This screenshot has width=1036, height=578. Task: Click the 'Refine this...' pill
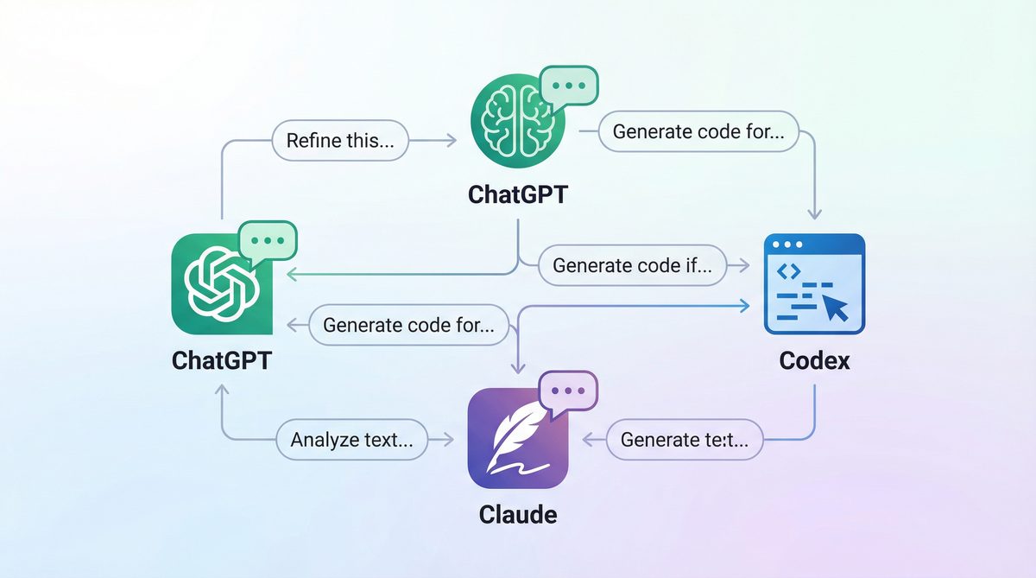click(340, 141)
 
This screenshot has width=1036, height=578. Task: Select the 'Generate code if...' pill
click(632, 266)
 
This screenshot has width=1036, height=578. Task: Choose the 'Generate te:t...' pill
click(685, 439)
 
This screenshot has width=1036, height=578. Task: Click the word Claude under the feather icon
click(518, 515)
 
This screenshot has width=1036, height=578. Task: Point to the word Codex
click(814, 359)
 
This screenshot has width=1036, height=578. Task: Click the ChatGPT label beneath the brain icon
click(518, 194)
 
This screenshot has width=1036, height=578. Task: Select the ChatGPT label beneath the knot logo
click(221, 359)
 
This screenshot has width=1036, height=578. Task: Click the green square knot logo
click(220, 284)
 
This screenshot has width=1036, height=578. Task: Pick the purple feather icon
click(516, 439)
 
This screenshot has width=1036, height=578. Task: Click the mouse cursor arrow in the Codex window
click(835, 306)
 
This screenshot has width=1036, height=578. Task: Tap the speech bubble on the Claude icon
click(568, 391)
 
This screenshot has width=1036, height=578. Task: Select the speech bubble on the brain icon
click(568, 86)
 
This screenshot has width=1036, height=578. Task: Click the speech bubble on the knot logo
click(268, 241)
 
